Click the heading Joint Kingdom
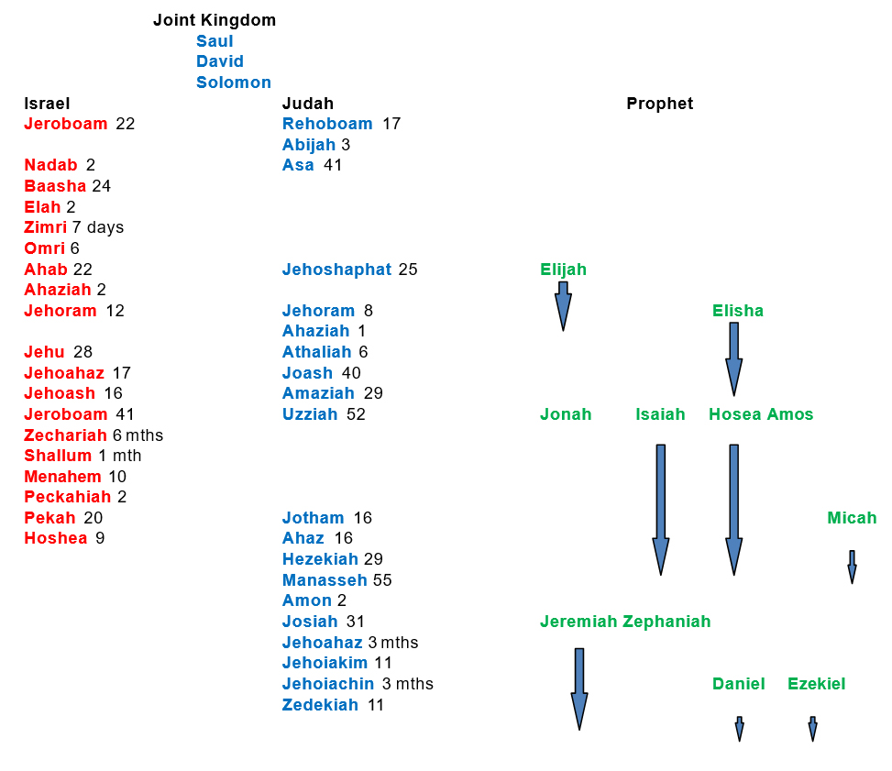click(214, 20)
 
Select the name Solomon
click(233, 83)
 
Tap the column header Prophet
click(659, 104)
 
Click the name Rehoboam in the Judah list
click(327, 124)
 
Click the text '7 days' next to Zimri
click(98, 227)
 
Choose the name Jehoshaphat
click(336, 270)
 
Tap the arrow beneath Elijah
click(563, 304)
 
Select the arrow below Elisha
click(733, 358)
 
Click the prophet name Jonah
click(566, 414)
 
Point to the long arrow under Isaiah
click(660, 509)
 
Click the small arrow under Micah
click(852, 567)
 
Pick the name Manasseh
click(325, 580)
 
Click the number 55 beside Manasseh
click(383, 580)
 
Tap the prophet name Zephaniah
click(666, 622)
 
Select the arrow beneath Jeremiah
click(579, 688)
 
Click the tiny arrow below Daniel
click(739, 729)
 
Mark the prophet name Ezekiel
click(816, 684)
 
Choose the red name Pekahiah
click(67, 497)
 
